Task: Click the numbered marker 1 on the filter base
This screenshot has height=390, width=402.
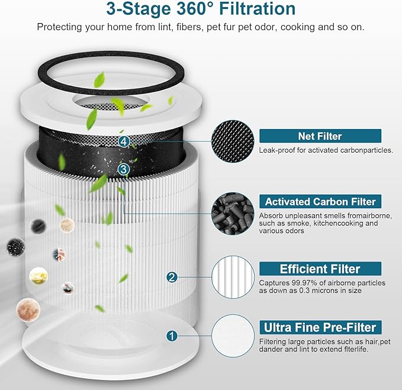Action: click(172, 336)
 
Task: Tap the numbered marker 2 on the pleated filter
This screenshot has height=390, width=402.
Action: click(172, 277)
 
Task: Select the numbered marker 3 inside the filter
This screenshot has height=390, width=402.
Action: click(123, 169)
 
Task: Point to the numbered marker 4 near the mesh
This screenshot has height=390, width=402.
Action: click(123, 141)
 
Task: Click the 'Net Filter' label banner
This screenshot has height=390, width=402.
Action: click(320, 137)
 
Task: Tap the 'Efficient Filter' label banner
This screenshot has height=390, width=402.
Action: click(320, 269)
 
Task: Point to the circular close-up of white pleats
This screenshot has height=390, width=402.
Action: click(233, 275)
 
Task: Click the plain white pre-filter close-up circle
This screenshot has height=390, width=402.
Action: click(233, 334)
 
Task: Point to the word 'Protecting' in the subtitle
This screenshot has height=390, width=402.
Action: click(58, 27)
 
